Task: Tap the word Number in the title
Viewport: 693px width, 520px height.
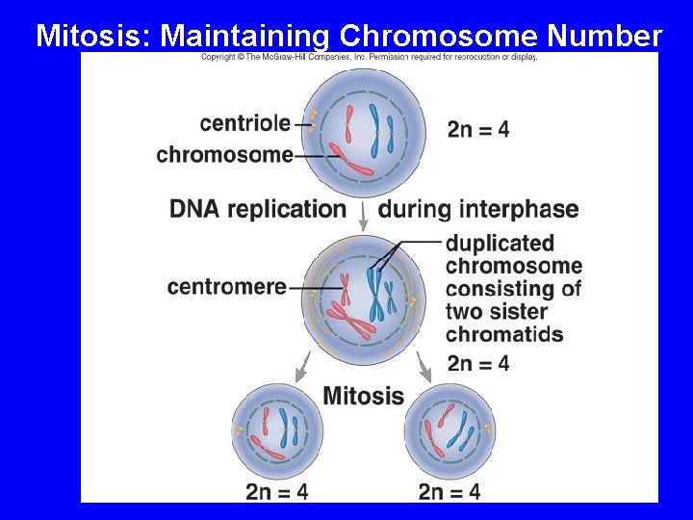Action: click(x=604, y=37)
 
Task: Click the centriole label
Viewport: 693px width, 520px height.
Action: click(x=244, y=122)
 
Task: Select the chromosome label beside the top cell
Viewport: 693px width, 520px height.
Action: click(x=224, y=154)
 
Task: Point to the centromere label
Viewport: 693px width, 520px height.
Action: click(x=226, y=287)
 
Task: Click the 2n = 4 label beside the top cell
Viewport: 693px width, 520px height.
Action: click(x=478, y=128)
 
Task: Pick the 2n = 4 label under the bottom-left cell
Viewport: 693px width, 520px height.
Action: click(x=277, y=491)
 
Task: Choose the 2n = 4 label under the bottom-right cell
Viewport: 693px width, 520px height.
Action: click(x=449, y=491)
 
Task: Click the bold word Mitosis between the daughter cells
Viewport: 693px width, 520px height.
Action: click(x=363, y=395)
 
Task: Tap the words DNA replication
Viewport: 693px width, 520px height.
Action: click(x=258, y=209)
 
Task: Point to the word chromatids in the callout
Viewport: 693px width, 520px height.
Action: click(x=504, y=334)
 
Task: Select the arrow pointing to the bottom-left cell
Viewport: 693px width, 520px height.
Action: click(x=302, y=364)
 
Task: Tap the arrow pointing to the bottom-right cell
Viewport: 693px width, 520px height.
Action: click(x=423, y=364)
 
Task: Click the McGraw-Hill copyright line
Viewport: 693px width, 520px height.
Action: click(x=369, y=57)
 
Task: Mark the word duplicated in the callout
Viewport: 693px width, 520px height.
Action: click(x=500, y=243)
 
